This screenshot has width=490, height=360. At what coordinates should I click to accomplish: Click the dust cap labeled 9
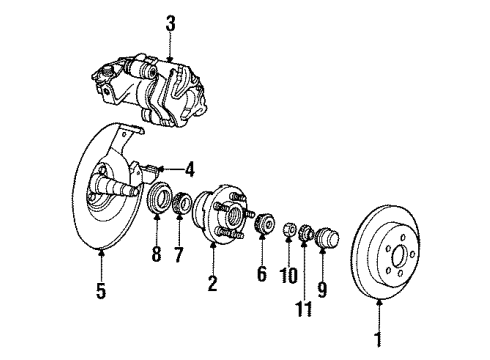(x=327, y=240)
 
